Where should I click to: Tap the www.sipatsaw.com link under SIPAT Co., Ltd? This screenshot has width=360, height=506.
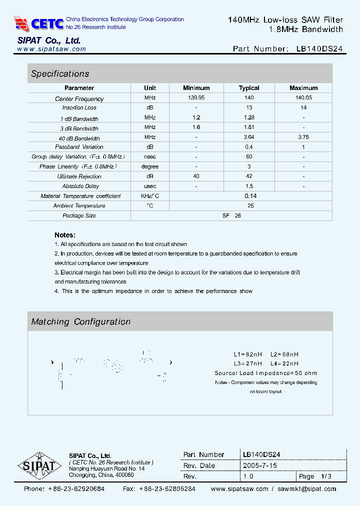pos(51,49)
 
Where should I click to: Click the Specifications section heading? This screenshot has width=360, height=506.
pos(60,74)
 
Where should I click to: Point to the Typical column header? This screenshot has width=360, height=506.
pos(249,88)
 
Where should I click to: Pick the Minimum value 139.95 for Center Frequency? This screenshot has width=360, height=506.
pos(196,98)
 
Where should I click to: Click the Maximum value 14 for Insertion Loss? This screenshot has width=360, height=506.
pos(303,107)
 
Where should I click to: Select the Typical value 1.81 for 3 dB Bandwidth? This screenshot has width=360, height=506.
pos(249,127)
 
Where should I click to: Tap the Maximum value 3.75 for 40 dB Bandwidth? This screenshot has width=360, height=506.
pos(303,137)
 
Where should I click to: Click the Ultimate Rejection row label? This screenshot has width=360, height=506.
pos(79,176)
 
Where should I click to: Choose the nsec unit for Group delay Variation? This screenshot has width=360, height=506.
pos(150,156)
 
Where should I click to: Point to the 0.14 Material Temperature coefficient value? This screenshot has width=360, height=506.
pos(250,196)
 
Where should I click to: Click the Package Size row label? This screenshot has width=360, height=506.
pos(79,215)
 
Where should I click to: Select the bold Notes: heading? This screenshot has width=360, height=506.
pos(65,235)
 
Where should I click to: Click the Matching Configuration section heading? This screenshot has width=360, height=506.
pos(80,322)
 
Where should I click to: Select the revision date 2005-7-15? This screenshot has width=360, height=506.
pos(260,465)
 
